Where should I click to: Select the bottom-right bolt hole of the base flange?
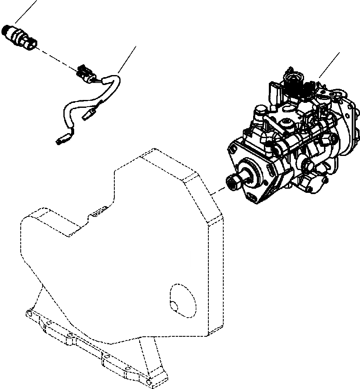[149, 379]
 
